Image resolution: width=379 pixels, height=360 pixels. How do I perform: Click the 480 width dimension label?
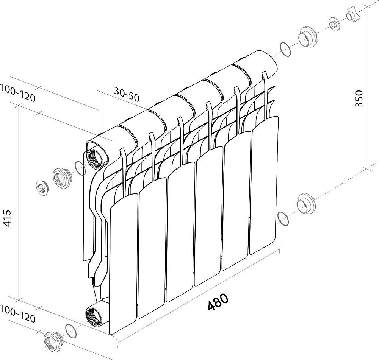pos(218,302)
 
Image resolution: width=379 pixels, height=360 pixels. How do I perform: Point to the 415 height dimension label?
pos(8,218)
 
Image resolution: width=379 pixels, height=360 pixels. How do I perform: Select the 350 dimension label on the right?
pos(359,98)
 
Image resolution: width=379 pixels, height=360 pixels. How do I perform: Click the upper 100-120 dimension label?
pos(18,93)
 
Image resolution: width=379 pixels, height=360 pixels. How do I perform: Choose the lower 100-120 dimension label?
pos(18,314)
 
